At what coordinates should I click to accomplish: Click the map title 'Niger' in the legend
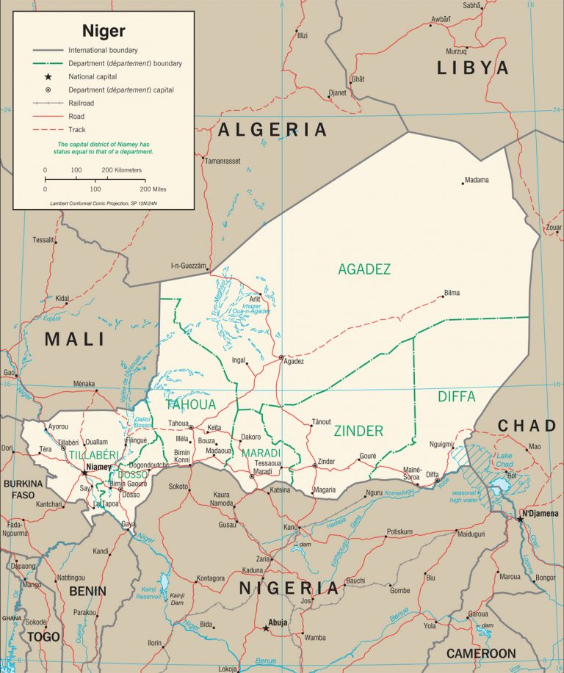pos(103,31)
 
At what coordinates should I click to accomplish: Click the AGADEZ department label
pos(364,269)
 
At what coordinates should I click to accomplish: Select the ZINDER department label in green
pos(358,431)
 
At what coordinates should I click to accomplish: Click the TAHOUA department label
pos(191,404)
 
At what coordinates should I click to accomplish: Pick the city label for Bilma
pos(452,293)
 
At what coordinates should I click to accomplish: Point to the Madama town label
pos(477,180)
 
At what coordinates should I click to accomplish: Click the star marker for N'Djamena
pos(520,519)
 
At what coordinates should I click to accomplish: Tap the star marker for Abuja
pos(266,628)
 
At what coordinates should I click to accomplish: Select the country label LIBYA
pos(472,68)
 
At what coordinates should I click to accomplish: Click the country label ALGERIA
pos(272,130)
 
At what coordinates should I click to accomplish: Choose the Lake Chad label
pos(504,460)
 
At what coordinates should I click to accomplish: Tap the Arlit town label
pos(254,299)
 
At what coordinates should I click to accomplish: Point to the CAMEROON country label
pos(481,652)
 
